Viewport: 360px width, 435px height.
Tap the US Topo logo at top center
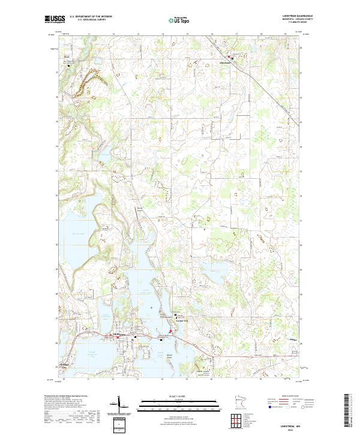pos(178,20)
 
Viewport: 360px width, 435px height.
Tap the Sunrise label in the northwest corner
pos(68,58)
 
